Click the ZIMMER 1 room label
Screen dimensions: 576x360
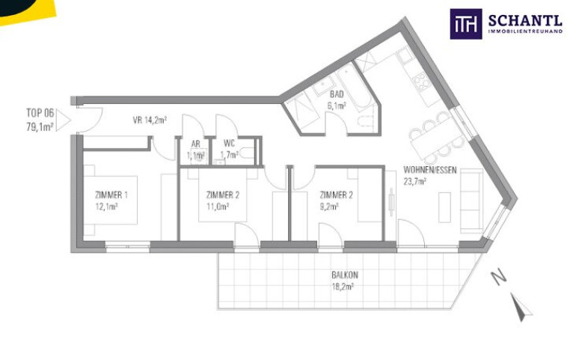tap(111, 195)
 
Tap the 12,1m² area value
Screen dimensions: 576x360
tap(106, 207)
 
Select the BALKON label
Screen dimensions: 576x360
tap(345, 275)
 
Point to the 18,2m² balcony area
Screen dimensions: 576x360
tap(343, 287)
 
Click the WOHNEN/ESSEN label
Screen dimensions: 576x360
tap(430, 170)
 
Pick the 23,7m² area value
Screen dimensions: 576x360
tap(414, 182)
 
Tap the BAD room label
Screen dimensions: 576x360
tap(337, 94)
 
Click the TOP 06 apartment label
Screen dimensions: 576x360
tap(40, 112)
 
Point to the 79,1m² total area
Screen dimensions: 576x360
tap(40, 127)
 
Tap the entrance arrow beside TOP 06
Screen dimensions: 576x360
tap(63, 120)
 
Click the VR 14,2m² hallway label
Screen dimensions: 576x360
tap(150, 120)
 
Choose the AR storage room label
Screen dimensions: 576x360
tap(195, 144)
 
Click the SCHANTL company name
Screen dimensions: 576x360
tap(525, 20)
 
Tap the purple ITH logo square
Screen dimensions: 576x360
tap(466, 24)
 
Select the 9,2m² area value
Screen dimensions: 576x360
tap(329, 207)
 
